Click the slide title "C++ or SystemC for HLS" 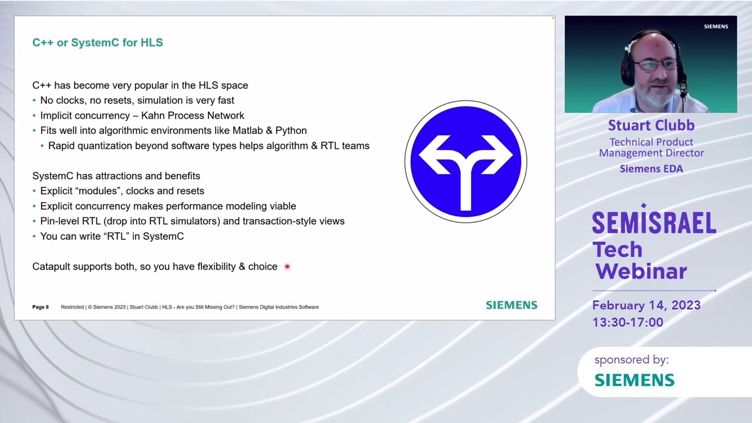98,43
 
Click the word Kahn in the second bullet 153,116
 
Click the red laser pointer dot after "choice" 287,267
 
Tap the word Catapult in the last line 52,267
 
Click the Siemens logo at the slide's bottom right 511,305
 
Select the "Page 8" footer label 41,307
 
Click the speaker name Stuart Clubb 651,125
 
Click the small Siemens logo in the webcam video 716,26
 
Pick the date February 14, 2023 646,305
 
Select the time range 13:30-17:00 627,322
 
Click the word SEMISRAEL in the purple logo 653,223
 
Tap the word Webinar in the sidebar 641,271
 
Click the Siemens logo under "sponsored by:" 634,380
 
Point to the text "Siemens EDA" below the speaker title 651,169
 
